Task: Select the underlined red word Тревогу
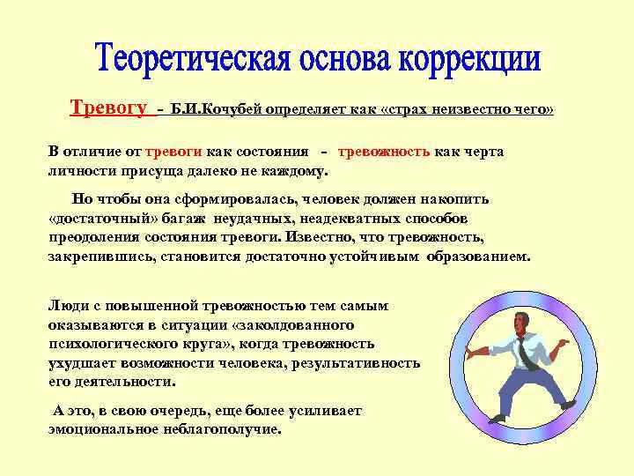pos(107,108)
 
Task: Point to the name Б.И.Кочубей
pos(216,109)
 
